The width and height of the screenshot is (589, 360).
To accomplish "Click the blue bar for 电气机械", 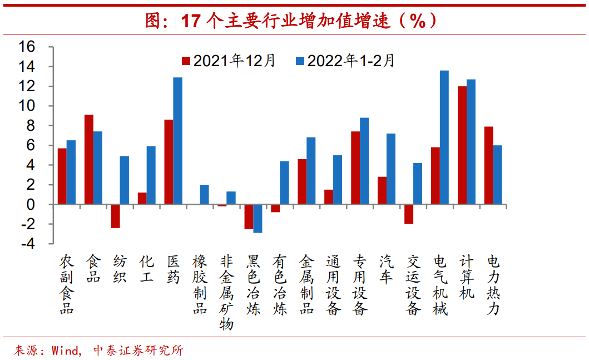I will (444, 137).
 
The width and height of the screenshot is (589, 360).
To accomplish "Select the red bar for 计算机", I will (462, 145).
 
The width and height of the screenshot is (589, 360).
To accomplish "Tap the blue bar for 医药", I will (177, 141).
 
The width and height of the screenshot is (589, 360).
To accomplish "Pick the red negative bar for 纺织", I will (115, 216).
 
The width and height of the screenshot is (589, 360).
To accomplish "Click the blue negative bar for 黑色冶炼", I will (258, 218).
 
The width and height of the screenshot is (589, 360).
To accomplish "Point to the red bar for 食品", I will (88, 159).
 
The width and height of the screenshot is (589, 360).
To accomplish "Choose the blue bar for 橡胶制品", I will (204, 194).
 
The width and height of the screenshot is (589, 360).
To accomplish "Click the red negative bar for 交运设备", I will (409, 214).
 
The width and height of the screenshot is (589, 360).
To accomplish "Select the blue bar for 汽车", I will (391, 169).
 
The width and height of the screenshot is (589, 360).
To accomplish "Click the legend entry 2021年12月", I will (229, 61).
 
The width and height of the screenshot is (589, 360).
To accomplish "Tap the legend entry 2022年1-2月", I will (345, 61).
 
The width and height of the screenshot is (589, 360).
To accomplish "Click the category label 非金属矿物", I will (226, 293).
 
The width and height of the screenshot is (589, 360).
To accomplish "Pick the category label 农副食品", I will (67, 285).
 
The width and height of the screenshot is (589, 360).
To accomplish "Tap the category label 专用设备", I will (360, 285).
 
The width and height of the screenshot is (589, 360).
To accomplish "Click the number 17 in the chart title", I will (190, 21).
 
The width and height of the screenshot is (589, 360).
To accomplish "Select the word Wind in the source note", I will (65, 351).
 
